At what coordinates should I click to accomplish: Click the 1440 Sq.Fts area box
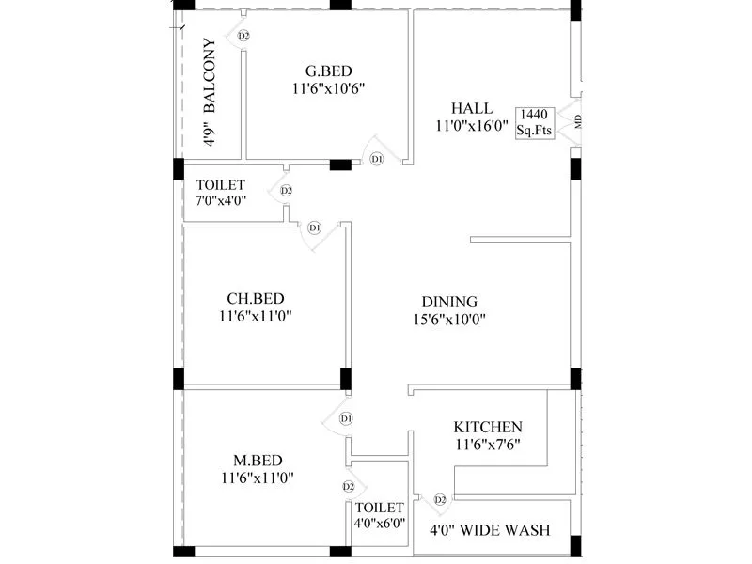533,123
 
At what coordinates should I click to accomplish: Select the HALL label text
471,107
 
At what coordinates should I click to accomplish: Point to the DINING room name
449,302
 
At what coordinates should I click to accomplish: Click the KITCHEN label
487,427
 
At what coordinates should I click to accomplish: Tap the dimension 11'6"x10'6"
328,88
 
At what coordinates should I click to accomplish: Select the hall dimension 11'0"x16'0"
471,124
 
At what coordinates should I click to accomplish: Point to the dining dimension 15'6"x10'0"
449,319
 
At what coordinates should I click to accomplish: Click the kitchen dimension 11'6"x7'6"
487,444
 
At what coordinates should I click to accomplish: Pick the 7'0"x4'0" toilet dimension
222,202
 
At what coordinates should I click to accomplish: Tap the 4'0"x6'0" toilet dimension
380,524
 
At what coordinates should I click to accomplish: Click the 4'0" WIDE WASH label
490,531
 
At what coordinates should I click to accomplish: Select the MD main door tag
578,121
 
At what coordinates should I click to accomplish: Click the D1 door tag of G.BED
377,160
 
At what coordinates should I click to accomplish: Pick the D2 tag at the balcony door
243,36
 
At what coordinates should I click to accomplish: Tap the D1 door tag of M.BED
346,417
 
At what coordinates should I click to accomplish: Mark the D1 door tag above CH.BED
315,227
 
